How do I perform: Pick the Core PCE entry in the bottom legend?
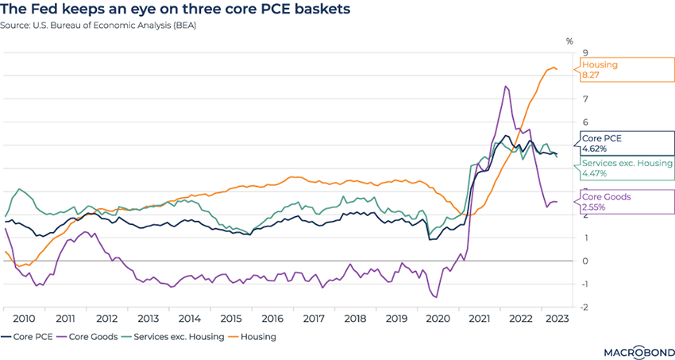[x=30, y=336]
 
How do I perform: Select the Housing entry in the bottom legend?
[x=254, y=336]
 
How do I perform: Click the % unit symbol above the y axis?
[x=569, y=40]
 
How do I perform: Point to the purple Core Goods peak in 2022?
[x=506, y=87]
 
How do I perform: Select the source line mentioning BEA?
[x=99, y=25]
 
